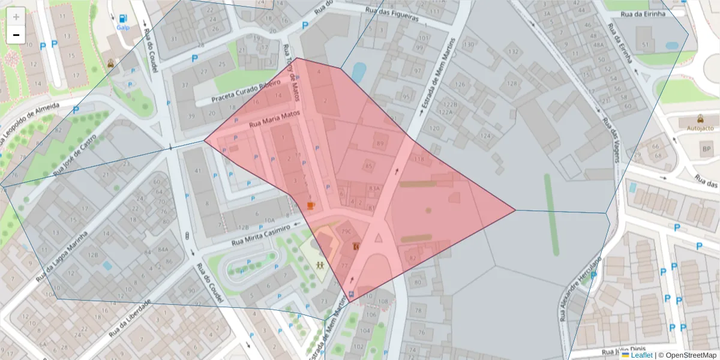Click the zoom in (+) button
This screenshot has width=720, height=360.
(x=16, y=17)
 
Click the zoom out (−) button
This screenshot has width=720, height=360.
(x=16, y=35)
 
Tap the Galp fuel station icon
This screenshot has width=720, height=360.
(x=123, y=20)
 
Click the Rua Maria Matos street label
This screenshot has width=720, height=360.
(x=274, y=118)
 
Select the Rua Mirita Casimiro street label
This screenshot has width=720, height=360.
(x=260, y=235)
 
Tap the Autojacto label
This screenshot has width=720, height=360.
(x=700, y=128)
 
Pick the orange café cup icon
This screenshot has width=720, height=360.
(x=311, y=206)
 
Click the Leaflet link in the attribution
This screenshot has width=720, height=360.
(x=641, y=355)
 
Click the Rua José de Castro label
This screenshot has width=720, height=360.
(x=76, y=155)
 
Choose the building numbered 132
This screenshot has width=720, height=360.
(x=513, y=52)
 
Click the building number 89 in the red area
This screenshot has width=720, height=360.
(x=380, y=143)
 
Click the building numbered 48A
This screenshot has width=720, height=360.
(x=598, y=44)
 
